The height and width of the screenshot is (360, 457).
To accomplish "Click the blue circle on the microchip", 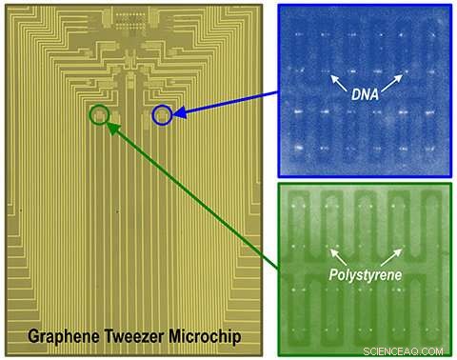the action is (x=163, y=115).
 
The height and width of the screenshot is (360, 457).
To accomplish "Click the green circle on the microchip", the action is (x=99, y=115).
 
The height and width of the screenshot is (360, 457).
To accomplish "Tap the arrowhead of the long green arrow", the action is (x=112, y=126).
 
